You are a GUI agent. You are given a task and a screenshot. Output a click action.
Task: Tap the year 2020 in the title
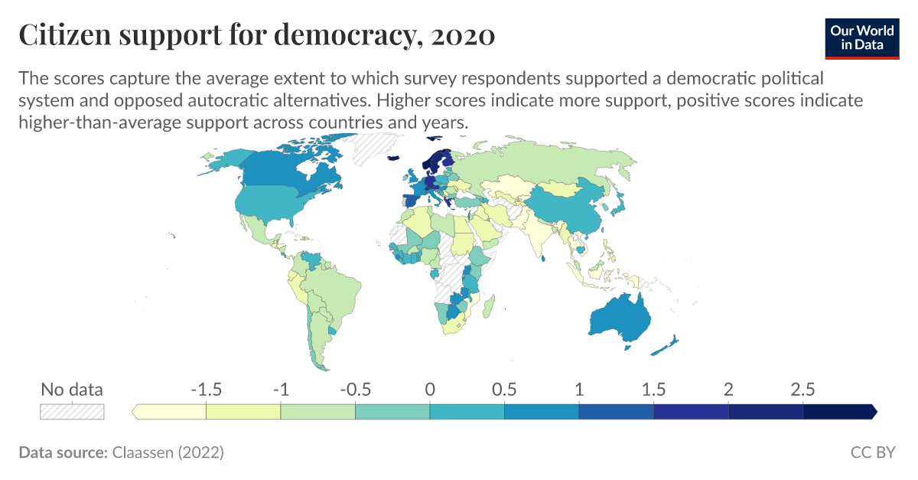(464, 35)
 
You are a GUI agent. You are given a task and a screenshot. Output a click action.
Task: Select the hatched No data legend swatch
(72, 412)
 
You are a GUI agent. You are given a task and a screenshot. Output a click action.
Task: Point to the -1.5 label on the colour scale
(206, 389)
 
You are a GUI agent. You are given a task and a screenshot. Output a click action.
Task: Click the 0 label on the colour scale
(430, 389)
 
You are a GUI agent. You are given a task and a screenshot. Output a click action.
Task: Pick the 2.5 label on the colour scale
(802, 389)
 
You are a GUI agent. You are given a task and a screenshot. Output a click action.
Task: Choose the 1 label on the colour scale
(579, 389)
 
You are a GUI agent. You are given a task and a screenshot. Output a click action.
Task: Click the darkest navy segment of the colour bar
(838, 412)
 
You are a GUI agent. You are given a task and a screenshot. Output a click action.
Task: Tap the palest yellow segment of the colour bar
(170, 412)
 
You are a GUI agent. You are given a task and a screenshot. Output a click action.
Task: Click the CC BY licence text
(873, 452)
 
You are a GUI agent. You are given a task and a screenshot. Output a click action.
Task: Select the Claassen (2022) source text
(168, 452)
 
